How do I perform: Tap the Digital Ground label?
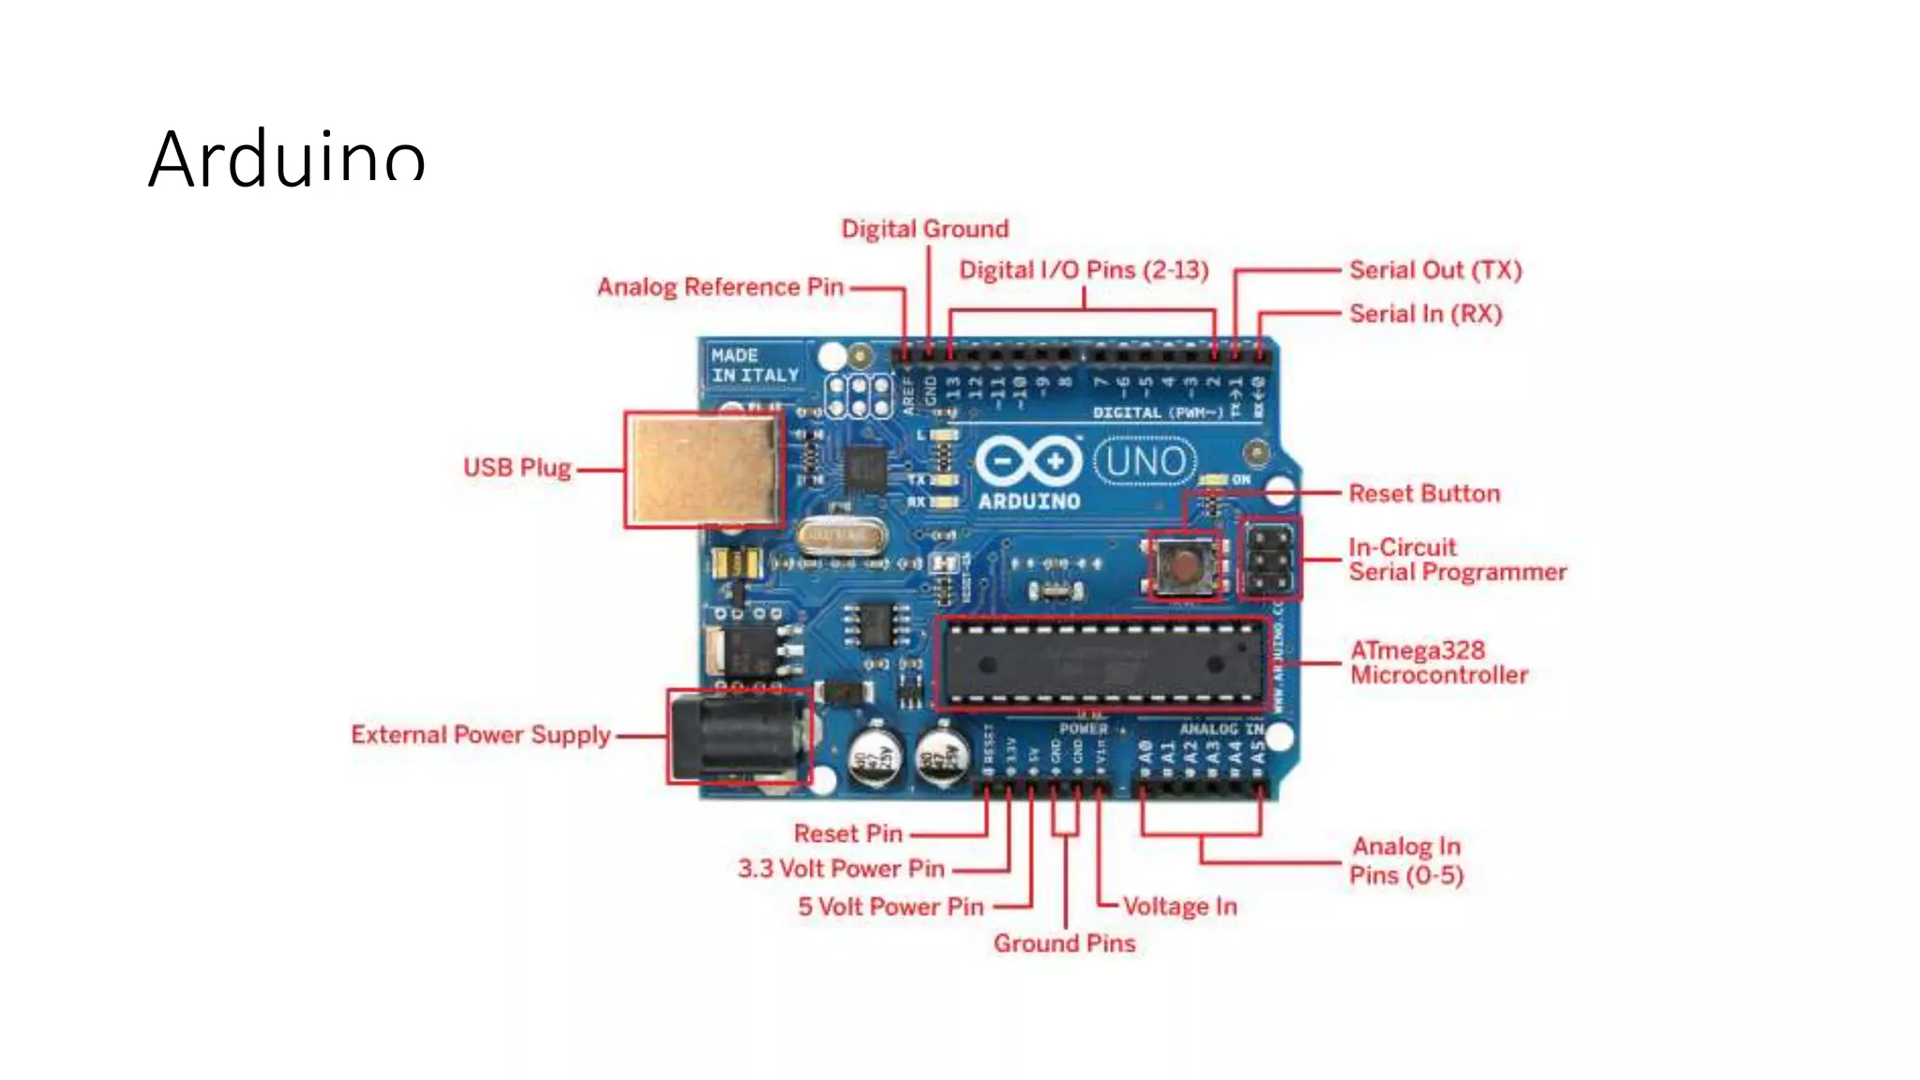[924, 230]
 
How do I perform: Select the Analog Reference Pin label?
[720, 287]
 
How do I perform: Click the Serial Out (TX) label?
[1434, 271]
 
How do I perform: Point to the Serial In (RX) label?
[1425, 314]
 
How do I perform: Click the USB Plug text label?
[517, 468]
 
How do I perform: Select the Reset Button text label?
[1423, 494]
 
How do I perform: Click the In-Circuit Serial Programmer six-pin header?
[1270, 559]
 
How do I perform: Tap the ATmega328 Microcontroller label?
[1438, 663]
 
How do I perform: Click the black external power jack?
[739, 737]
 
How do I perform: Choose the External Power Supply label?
[480, 735]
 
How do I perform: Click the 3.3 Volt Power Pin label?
[841, 869]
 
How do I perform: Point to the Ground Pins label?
[1064, 943]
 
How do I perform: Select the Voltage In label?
[1179, 907]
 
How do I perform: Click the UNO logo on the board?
[1145, 461]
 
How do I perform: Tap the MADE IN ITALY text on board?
[754, 366]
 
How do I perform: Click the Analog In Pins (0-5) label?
[1405, 861]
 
